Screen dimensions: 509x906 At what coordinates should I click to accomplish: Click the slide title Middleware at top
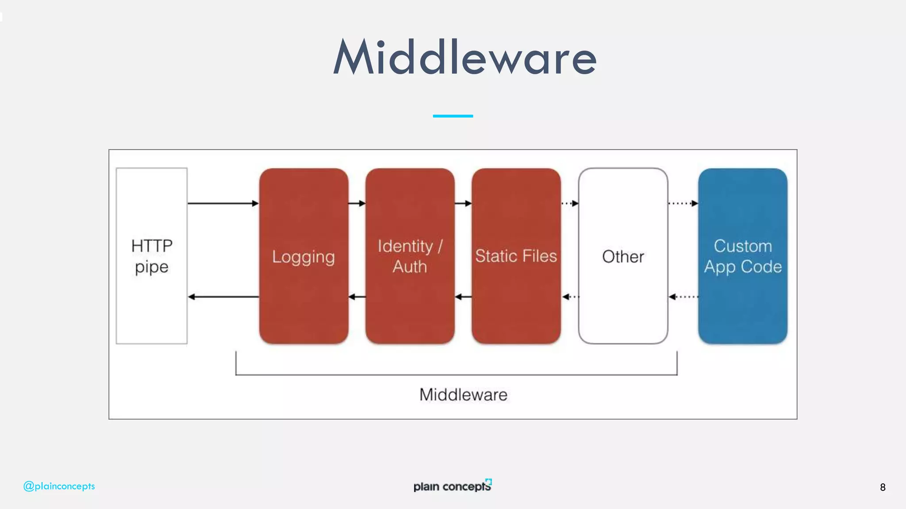tap(465, 57)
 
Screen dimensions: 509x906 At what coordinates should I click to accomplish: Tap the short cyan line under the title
tap(453, 116)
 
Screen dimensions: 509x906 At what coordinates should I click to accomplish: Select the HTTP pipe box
tap(151, 256)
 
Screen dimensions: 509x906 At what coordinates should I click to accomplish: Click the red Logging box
tap(303, 256)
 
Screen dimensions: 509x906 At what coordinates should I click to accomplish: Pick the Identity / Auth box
tap(410, 256)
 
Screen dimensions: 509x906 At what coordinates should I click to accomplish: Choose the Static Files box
tap(516, 256)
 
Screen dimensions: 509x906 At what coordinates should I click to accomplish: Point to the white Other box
tap(623, 256)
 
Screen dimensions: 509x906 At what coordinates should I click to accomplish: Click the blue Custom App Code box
tap(742, 256)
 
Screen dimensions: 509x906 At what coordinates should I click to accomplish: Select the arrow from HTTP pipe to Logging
tap(223, 203)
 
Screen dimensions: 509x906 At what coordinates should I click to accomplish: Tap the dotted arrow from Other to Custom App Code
tap(683, 203)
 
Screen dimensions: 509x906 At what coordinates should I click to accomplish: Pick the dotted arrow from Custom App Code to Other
tap(683, 297)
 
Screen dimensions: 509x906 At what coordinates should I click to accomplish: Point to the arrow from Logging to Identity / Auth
tap(357, 203)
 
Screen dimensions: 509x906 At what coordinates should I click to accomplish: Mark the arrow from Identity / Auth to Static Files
tap(463, 203)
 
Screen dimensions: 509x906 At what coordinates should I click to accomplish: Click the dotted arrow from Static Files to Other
tap(570, 203)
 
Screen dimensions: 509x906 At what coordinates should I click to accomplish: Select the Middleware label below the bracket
tap(463, 395)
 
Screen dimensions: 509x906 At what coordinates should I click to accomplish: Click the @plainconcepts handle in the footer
tap(59, 486)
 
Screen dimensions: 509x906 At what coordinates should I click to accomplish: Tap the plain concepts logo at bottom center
tap(452, 486)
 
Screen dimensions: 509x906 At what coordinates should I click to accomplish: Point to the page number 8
tap(882, 487)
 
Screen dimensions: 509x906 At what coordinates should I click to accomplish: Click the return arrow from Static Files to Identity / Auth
tap(463, 297)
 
